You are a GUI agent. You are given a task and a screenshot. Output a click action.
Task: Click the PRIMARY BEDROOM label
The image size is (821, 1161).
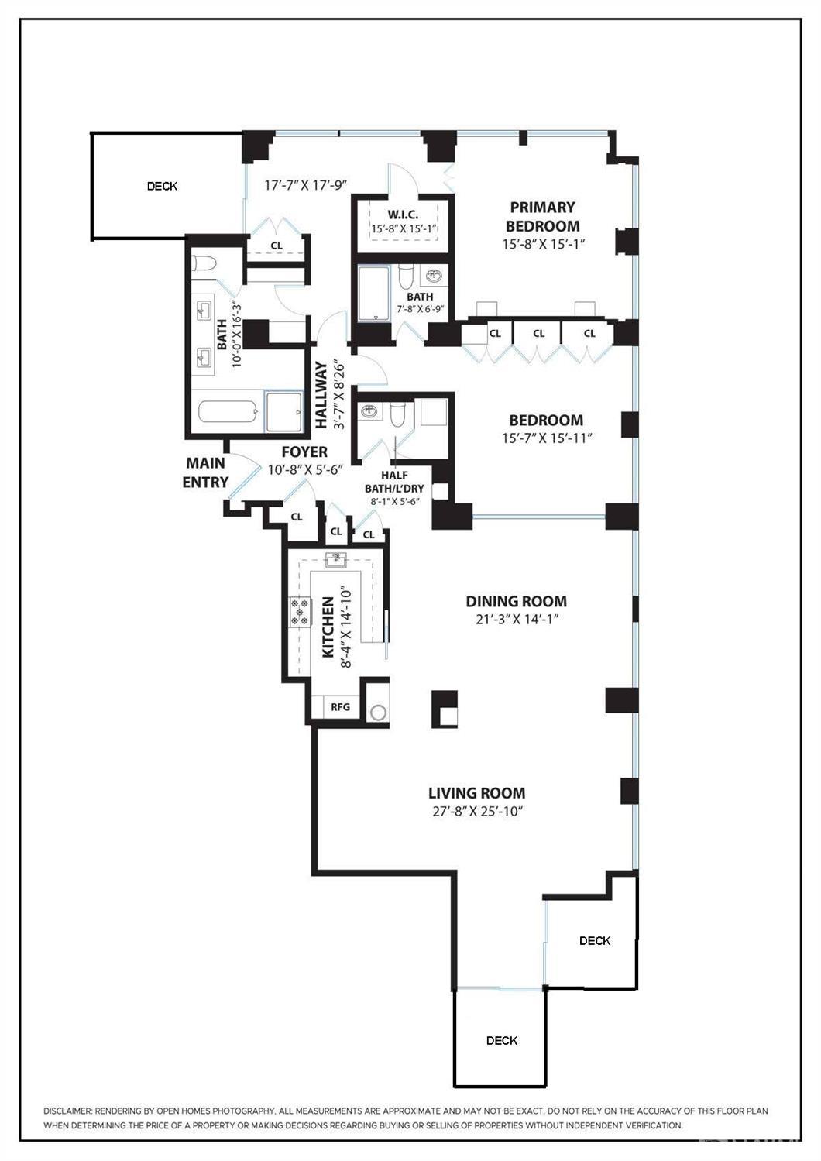542,217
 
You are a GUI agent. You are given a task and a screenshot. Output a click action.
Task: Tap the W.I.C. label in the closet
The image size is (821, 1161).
404,214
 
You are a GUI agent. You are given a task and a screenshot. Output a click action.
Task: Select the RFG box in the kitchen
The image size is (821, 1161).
340,707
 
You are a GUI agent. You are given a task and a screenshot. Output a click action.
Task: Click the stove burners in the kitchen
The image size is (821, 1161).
299,612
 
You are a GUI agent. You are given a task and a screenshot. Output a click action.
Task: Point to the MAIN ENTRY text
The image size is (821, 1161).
205,472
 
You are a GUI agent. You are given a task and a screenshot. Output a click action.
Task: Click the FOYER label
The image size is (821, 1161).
304,452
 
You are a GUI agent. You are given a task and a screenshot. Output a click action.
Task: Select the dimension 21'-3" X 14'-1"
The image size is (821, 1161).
516,620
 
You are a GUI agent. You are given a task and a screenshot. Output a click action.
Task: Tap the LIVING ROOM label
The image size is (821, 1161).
476,793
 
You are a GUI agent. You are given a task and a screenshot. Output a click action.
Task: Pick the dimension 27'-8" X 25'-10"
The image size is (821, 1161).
476,812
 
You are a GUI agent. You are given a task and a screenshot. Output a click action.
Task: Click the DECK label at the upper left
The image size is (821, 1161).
162,186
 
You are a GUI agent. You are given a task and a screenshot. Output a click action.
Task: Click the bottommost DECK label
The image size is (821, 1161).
501,1040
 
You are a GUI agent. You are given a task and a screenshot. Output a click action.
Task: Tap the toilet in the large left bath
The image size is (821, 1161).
204,263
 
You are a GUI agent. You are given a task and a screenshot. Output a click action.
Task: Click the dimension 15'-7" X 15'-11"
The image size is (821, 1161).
546,438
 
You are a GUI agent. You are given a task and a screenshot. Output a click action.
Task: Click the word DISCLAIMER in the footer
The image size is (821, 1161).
67,1111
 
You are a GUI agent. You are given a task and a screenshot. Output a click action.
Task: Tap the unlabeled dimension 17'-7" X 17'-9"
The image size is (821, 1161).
304,186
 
